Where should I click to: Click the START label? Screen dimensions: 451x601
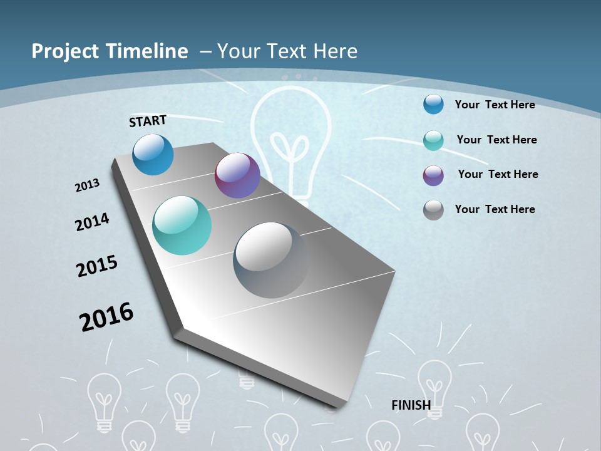[148, 121]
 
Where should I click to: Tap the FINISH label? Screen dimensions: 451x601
[411, 405]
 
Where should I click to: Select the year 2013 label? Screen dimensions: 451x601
[88, 185]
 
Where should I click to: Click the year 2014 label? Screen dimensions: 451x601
[92, 222]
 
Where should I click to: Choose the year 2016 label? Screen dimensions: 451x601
[106, 317]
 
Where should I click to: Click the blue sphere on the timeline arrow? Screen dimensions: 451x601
[153, 154]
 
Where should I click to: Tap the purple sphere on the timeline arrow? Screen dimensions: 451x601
[237, 175]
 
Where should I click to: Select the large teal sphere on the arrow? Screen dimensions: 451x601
[182, 225]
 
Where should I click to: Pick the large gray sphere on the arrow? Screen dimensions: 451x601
[271, 260]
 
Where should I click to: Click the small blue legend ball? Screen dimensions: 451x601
[433, 104]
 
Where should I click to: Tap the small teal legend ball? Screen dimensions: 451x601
[433, 140]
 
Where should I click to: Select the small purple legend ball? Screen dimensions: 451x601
[433, 175]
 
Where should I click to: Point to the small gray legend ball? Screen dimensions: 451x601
[433, 209]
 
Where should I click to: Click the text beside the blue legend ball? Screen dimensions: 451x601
[495, 105]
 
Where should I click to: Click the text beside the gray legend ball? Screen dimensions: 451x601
[495, 209]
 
